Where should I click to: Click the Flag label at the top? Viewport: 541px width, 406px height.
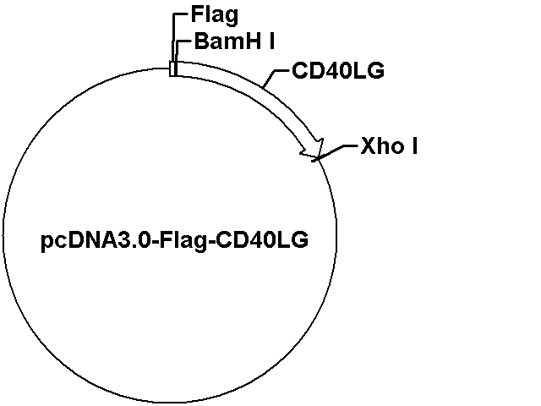(x=214, y=15)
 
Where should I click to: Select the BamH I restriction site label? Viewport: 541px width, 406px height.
(x=234, y=41)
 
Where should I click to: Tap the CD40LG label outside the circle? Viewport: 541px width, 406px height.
(x=338, y=70)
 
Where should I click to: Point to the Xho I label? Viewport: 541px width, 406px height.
(x=389, y=145)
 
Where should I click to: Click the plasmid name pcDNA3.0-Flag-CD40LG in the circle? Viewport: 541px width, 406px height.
(x=175, y=240)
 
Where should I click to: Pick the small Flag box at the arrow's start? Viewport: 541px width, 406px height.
(x=172, y=69)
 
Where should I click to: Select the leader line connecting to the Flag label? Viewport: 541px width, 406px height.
(x=172, y=37)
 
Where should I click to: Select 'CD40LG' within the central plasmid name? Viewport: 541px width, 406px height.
(x=262, y=240)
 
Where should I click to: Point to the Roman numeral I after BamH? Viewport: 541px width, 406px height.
(x=271, y=41)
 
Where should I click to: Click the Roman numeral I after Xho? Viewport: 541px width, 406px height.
(x=414, y=145)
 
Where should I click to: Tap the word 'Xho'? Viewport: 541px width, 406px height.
(x=381, y=145)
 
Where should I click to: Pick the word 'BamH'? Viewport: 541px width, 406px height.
(x=227, y=41)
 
